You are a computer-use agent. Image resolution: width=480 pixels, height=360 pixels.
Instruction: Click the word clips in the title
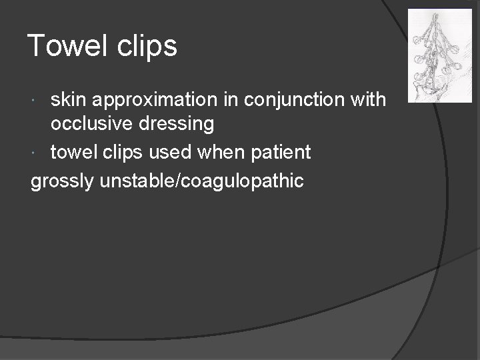pos(151,46)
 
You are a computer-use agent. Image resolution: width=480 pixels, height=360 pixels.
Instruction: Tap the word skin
pos(70,100)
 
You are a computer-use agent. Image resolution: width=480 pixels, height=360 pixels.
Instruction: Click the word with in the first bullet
pos(366,100)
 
